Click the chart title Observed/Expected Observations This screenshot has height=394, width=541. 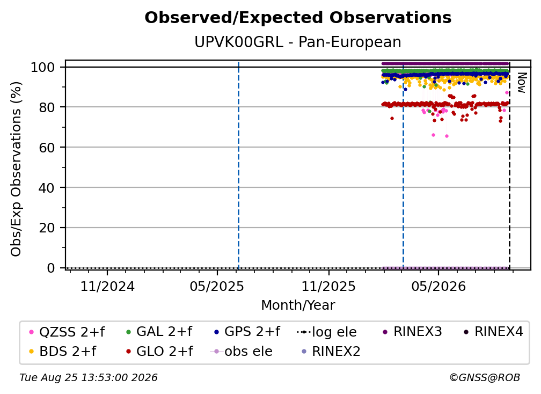[x=298, y=18]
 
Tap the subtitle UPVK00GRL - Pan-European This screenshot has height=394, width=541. [x=298, y=42]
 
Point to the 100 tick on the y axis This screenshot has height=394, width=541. [x=43, y=67]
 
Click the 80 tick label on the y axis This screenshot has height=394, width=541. [x=47, y=107]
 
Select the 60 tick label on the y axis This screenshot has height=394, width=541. [x=47, y=147]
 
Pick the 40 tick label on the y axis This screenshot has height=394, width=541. [x=47, y=188]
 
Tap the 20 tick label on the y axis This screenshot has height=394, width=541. [x=47, y=228]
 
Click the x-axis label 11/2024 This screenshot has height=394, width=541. [x=107, y=286]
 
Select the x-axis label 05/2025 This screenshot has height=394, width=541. [x=217, y=286]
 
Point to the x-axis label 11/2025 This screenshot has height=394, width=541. [x=328, y=286]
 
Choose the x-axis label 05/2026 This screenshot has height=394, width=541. [x=438, y=286]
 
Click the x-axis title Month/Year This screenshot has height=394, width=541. [x=298, y=305]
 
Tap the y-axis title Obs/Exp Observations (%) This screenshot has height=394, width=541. [x=16, y=169]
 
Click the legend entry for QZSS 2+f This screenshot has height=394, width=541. [x=67, y=332]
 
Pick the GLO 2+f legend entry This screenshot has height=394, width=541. [x=159, y=352]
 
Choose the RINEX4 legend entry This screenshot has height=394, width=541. [x=493, y=332]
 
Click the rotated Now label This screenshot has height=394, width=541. [x=522, y=83]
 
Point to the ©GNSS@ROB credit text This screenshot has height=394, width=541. [x=485, y=378]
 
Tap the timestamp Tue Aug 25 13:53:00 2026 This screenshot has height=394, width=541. [x=89, y=378]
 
